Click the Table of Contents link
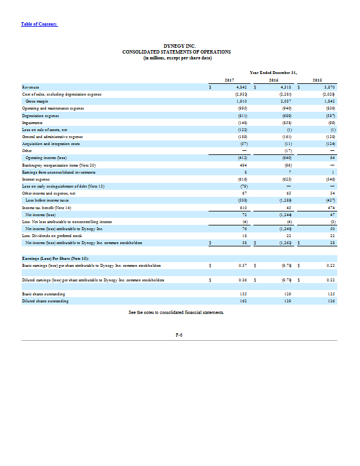(x=39, y=24)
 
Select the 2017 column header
(x=229, y=80)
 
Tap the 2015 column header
(x=317, y=80)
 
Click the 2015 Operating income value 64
(x=331, y=157)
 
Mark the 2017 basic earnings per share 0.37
(x=243, y=266)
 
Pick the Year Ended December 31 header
(x=273, y=72)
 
